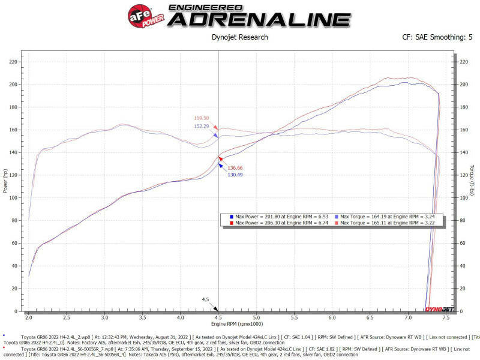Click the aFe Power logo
pos(142,14)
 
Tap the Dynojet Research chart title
pos(239,37)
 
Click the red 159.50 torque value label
pos(201,118)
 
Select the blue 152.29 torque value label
pos(201,126)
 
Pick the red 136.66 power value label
pos(235,167)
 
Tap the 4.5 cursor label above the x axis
pos(205,299)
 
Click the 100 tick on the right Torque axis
pos(463,198)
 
